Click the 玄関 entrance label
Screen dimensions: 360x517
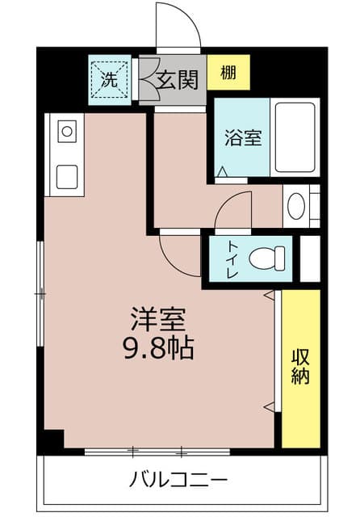point(178,79)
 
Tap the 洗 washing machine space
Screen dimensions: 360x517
point(109,80)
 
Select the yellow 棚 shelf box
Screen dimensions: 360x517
point(228,73)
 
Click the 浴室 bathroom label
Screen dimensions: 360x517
point(244,138)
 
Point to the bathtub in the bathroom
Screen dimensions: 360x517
point(295,137)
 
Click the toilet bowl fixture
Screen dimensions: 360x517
point(267,258)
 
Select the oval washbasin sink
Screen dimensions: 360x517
point(296,206)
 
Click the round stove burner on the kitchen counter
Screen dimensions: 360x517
point(67,132)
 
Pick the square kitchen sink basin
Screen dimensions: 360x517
point(67,177)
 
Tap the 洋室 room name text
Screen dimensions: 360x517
point(158,319)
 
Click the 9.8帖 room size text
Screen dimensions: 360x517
point(158,348)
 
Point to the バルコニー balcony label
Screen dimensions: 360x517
point(178,479)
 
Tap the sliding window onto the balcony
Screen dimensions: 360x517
point(157,452)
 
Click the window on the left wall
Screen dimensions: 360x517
point(40,293)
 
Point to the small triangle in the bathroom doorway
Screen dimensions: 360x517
point(223,171)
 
